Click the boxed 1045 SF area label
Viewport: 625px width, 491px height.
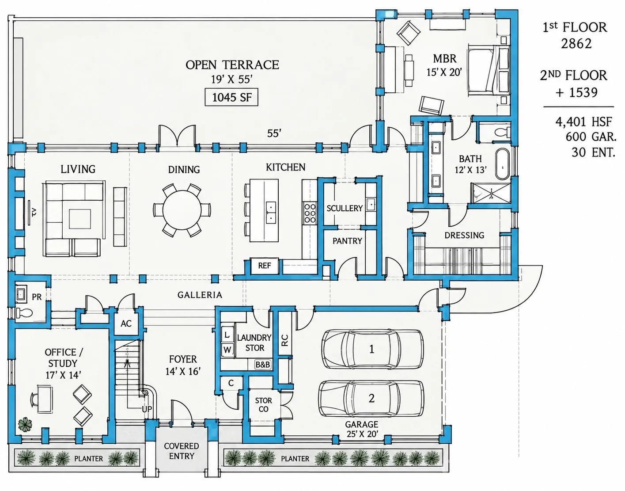tap(231, 98)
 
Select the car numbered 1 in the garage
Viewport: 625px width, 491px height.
tap(372, 349)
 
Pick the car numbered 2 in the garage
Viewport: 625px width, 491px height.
tap(371, 398)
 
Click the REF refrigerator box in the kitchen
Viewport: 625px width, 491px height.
tap(265, 266)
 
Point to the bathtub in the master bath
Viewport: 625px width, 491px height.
tap(502, 164)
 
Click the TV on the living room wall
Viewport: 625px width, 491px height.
tap(30, 213)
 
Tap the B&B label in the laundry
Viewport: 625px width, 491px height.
tap(263, 365)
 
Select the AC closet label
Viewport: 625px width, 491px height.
tap(126, 324)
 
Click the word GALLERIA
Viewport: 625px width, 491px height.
tap(200, 295)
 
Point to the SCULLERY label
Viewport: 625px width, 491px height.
tap(344, 208)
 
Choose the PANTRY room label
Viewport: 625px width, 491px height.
tap(347, 241)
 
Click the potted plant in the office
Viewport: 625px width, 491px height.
tap(25, 424)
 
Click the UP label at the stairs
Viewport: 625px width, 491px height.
tap(147, 409)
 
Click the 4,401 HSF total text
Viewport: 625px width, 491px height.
tap(583, 122)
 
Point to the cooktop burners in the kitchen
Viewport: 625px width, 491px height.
tap(310, 213)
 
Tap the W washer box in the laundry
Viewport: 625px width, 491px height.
tap(227, 350)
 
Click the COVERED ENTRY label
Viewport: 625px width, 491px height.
tap(182, 451)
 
